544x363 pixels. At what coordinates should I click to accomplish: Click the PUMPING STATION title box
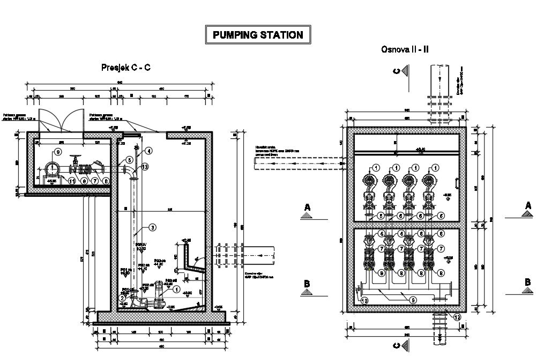[258, 35]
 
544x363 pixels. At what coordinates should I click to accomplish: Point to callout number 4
[148, 151]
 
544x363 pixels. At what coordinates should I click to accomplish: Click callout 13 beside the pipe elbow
[145, 167]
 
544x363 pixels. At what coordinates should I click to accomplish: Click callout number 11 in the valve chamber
[72, 182]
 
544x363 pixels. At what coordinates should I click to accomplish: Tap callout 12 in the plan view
[457, 316]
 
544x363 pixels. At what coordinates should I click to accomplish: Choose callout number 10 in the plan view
[364, 300]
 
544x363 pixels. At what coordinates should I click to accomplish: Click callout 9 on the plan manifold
[413, 300]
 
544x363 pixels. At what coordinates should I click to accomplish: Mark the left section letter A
[308, 206]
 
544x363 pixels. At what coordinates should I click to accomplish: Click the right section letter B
[527, 282]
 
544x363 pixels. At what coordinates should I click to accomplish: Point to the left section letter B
[308, 284]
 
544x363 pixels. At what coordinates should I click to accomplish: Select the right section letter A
[528, 205]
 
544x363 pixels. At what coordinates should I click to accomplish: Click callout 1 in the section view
[177, 288]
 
